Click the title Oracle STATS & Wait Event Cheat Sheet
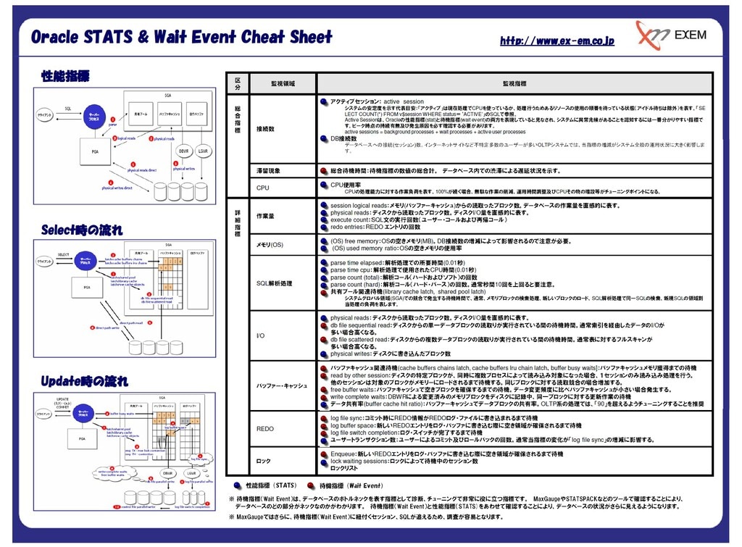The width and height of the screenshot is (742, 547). [x=181, y=37]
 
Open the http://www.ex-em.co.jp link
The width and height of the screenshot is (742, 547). [x=556, y=41]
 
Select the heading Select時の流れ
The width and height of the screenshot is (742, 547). [x=81, y=230]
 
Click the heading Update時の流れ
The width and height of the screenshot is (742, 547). [x=84, y=380]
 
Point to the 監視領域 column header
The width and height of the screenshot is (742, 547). [x=282, y=84]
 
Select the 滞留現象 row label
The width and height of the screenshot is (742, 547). [x=267, y=171]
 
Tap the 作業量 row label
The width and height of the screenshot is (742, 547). [x=265, y=216]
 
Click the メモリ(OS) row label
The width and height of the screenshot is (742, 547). [x=270, y=245]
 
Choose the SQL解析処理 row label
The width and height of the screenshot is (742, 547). [x=275, y=283]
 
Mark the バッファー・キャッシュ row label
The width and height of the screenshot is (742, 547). [x=282, y=385]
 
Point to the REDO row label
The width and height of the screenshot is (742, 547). [x=265, y=429]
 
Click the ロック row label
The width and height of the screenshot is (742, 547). [x=264, y=461]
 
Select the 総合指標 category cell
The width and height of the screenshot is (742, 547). [x=236, y=120]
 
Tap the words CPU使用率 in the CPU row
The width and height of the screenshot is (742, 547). [x=346, y=185]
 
